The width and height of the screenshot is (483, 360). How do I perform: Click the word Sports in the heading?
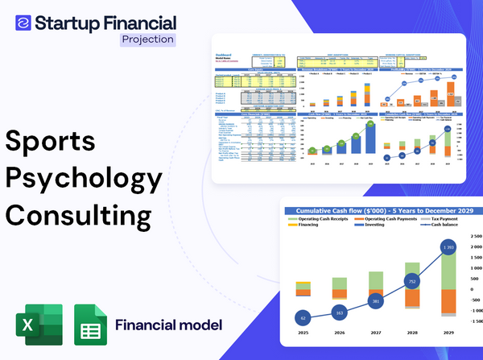51,142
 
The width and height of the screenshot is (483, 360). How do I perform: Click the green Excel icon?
39,325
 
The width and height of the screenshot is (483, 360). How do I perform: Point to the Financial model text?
168,325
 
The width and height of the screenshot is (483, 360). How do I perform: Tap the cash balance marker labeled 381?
375,301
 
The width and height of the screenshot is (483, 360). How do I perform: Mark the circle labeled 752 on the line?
411,282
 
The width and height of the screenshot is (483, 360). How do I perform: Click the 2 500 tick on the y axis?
475,238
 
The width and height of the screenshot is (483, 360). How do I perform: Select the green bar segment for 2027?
375,279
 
